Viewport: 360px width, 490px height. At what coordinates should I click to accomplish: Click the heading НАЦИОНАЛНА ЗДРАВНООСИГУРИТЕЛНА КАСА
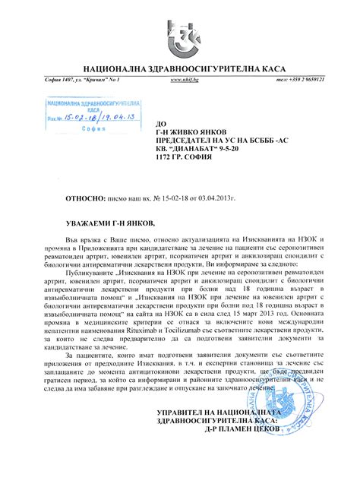180,68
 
